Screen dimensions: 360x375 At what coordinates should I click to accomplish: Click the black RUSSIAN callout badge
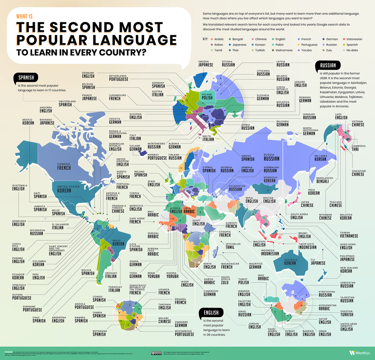tap(328, 66)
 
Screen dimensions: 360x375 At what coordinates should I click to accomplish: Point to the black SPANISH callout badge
tap(26, 77)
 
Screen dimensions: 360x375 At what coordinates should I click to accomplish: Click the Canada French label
tap(63, 166)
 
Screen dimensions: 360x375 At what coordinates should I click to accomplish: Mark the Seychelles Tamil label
tap(230, 246)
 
